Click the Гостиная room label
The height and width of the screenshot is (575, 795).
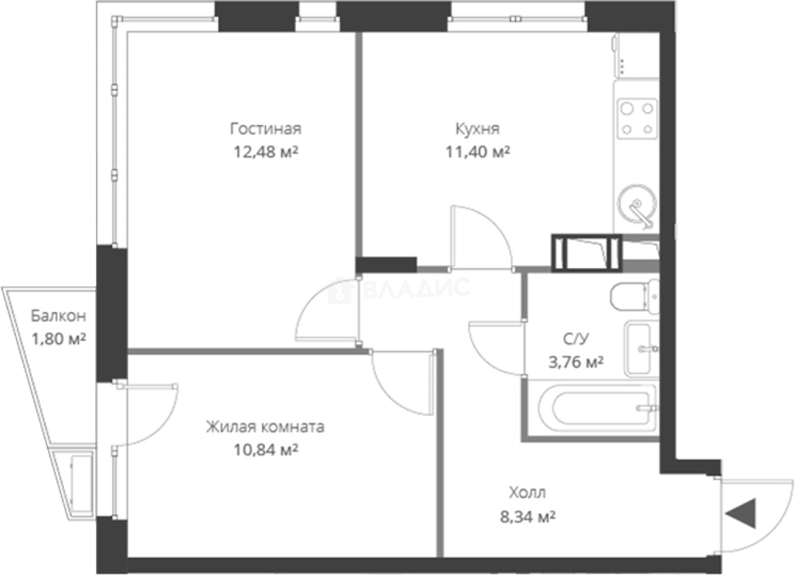pos(265,129)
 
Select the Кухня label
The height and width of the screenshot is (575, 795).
pos(477,129)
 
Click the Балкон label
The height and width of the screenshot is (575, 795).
pos(58,316)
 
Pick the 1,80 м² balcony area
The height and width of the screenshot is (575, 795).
pos(58,339)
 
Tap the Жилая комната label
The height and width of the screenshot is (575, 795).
pos(265,427)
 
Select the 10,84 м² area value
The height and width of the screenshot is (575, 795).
pos(265,450)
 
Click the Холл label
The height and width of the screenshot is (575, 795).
pos(527,493)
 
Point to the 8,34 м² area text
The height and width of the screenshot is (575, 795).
pos(527,516)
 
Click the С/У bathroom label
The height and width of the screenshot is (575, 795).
pos(575,339)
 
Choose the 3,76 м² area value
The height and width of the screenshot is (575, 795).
pos(575,362)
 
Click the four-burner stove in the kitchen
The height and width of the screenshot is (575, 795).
pos(638,118)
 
